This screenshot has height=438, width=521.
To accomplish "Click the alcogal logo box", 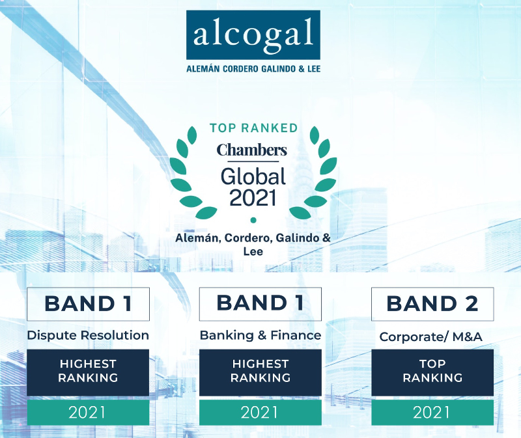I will pyautogui.click(x=253, y=34).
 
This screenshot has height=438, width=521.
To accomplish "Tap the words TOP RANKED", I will pyautogui.click(x=253, y=128).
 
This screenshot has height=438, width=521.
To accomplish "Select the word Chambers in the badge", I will pyautogui.click(x=252, y=151).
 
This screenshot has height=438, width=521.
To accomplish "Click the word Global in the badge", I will pyautogui.click(x=253, y=176).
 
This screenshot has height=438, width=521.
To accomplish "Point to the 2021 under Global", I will pyautogui.click(x=253, y=197).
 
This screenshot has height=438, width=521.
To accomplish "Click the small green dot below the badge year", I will pyautogui.click(x=253, y=220).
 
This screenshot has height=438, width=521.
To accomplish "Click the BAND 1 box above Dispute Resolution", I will pyautogui.click(x=88, y=304).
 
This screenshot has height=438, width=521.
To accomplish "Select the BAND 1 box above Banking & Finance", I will pyautogui.click(x=260, y=303).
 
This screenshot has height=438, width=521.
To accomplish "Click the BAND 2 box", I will pyautogui.click(x=432, y=304).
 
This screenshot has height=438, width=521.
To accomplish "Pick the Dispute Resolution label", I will pyautogui.click(x=88, y=336).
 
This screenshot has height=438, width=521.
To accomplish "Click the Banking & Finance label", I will pyautogui.click(x=260, y=336).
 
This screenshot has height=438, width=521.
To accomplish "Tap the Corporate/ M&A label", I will pyautogui.click(x=432, y=337).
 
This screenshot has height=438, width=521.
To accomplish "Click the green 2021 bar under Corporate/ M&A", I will pyautogui.click(x=432, y=412).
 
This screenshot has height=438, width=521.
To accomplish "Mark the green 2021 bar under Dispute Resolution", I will pyautogui.click(x=88, y=412).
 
